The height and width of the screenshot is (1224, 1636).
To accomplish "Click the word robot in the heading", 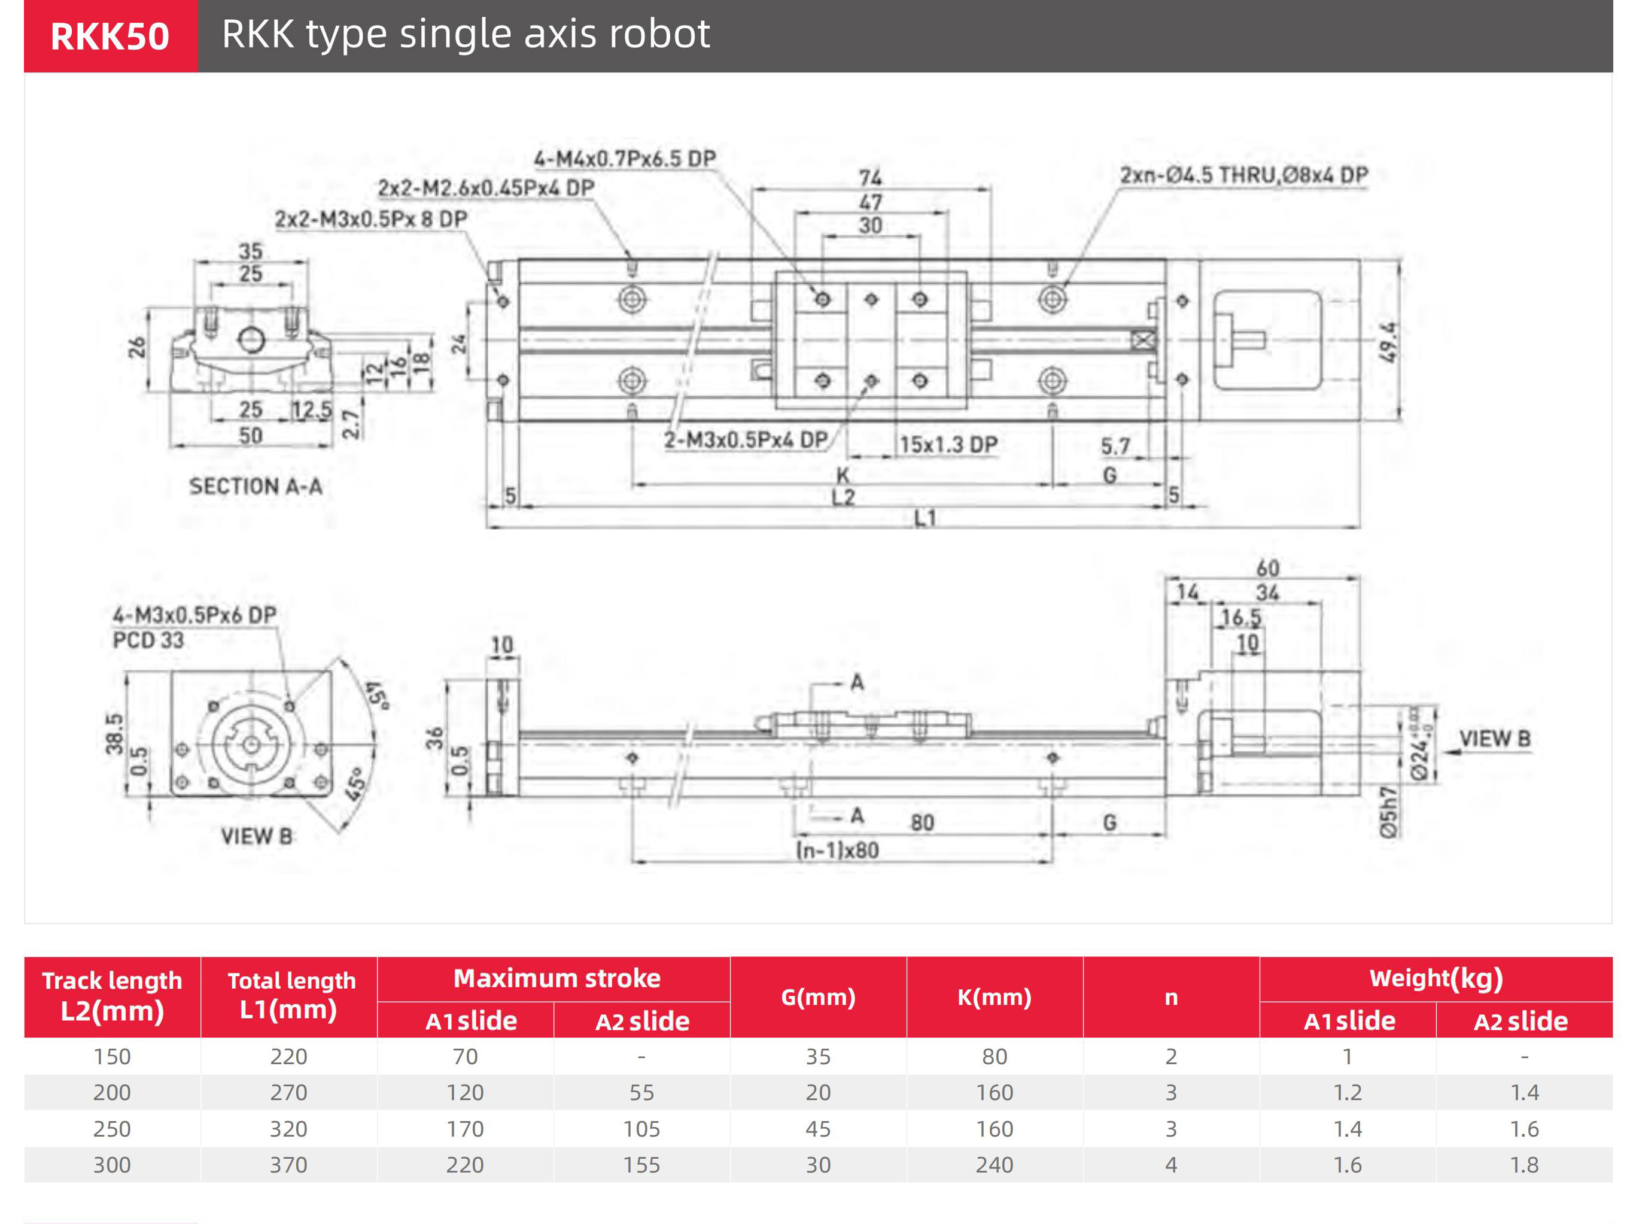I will tap(659, 34).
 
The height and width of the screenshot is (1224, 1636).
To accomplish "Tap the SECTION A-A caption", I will tap(255, 486).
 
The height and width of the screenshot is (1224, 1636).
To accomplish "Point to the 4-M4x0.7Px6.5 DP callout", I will tap(625, 158).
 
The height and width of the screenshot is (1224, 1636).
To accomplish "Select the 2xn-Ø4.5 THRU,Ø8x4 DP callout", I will tap(1244, 175).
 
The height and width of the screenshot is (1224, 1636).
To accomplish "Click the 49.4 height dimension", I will tap(1389, 342).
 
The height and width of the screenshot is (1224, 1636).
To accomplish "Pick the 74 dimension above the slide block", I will tap(871, 178).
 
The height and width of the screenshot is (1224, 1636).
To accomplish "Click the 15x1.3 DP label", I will tap(948, 445).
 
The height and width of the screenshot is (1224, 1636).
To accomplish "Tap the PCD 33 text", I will tap(148, 640).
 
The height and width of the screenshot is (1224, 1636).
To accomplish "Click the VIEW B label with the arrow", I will tap(1494, 739).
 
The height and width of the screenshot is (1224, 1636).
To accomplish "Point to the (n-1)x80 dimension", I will tap(837, 850).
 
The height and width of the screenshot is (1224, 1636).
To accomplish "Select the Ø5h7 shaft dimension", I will tap(1388, 812).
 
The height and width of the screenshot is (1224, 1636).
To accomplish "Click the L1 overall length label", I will tap(925, 518).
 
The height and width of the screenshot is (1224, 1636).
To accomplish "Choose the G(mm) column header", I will tap(818, 997).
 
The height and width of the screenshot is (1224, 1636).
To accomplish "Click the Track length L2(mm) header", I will tap(112, 995).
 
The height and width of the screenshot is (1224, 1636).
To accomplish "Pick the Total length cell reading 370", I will tap(288, 1165).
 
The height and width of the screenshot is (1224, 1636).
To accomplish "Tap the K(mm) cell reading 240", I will tap(994, 1165).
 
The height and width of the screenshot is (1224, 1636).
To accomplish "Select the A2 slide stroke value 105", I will tap(641, 1129).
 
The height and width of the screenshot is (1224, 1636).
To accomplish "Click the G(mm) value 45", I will tap(818, 1129).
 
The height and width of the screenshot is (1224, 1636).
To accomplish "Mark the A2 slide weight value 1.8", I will tap(1524, 1165).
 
